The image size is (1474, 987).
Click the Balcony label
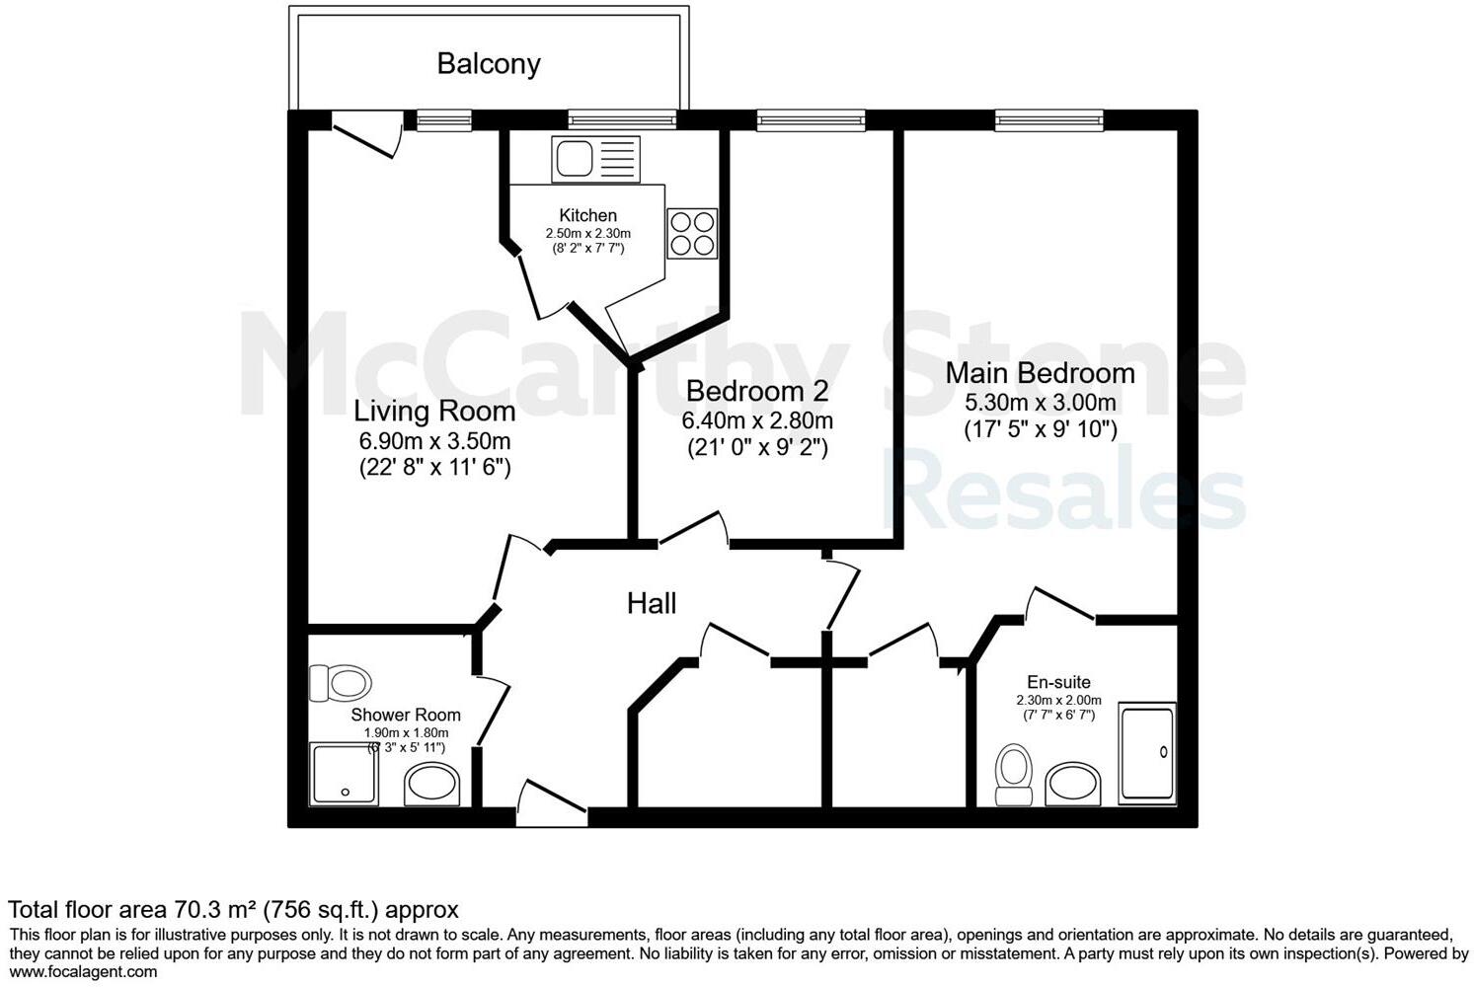pos(489,64)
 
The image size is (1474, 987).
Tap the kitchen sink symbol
pos(595,158)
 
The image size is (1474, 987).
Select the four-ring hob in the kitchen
pos(691,234)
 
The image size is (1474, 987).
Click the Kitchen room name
pos(587,215)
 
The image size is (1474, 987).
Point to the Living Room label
pos(434,411)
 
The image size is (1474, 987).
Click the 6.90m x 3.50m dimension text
pos(434,440)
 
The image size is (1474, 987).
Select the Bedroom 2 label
pos(757,391)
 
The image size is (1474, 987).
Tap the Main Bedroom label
pos(1040,373)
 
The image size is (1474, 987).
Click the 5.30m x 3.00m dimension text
pos(1040,403)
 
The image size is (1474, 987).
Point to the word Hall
pos(652,604)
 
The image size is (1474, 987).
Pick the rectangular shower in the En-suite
pos(1147,752)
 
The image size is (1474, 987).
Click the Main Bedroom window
pos(1048,121)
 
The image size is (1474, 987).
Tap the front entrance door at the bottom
pos(551,805)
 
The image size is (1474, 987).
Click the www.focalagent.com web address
pos(83,971)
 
